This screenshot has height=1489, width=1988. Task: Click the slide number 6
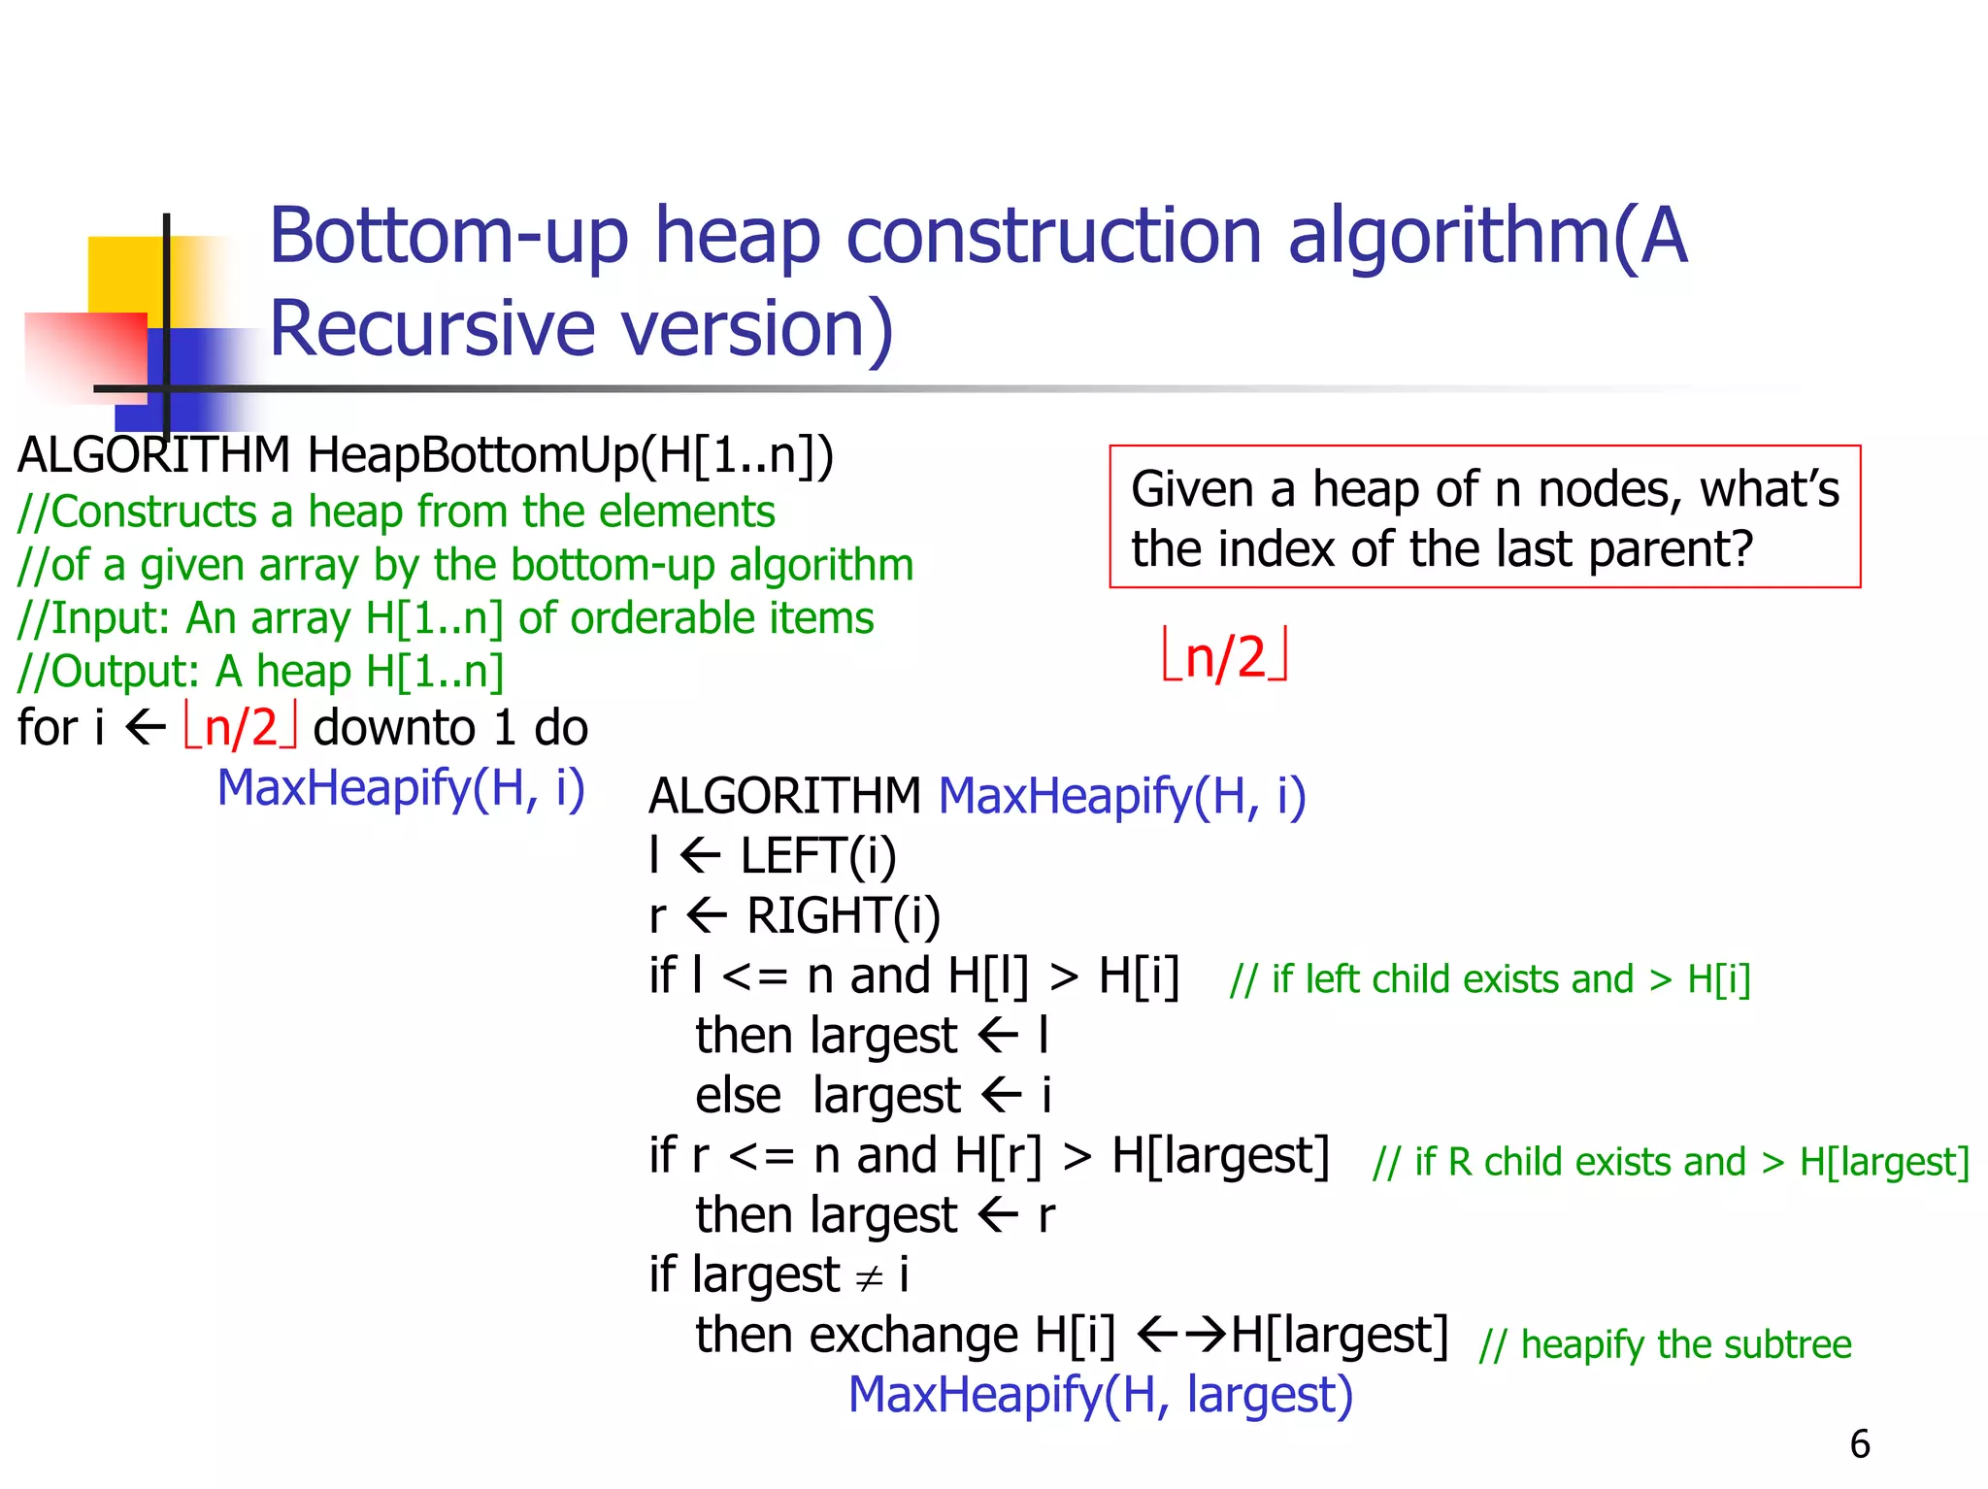click(x=1859, y=1443)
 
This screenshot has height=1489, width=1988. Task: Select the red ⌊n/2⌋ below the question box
click(x=1225, y=657)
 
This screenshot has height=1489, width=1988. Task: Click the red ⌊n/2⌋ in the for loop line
click(x=240, y=728)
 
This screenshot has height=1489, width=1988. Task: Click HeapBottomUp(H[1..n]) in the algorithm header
click(x=571, y=455)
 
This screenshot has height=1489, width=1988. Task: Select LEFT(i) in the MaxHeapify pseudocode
click(x=817, y=856)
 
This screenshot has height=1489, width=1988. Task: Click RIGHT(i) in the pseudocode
click(x=843, y=915)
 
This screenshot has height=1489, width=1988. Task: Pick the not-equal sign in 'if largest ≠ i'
click(x=869, y=1277)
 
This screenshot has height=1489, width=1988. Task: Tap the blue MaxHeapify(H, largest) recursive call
click(x=1101, y=1395)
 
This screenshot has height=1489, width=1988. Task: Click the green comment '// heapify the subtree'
click(x=1665, y=1344)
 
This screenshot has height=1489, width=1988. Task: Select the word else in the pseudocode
click(x=738, y=1096)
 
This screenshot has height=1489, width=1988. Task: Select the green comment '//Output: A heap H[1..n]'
click(x=260, y=672)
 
